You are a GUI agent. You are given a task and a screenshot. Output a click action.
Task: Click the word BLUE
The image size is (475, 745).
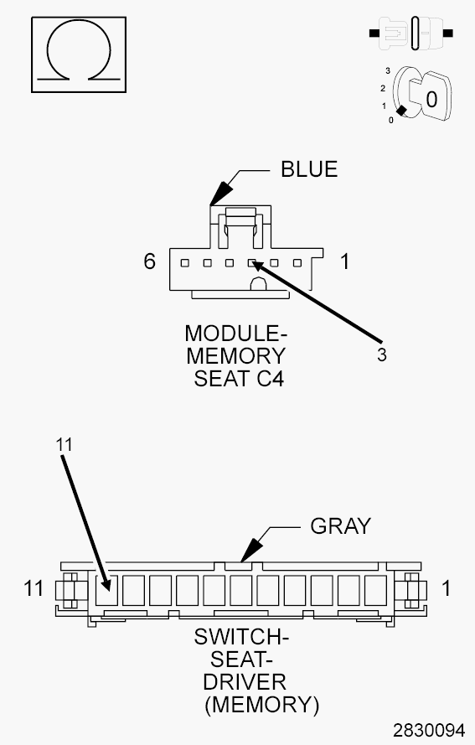click(x=309, y=169)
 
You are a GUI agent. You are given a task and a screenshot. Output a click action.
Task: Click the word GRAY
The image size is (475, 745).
click(x=340, y=526)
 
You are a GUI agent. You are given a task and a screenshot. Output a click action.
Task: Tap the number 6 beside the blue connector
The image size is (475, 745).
click(x=149, y=261)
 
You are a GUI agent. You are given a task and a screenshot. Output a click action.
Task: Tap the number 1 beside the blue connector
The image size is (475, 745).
click(x=344, y=261)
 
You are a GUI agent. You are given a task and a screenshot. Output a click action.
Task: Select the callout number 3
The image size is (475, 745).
click(x=381, y=354)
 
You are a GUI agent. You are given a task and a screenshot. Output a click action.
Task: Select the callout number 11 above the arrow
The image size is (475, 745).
click(x=64, y=445)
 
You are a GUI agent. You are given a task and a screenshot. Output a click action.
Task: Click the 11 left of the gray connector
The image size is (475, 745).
click(x=34, y=588)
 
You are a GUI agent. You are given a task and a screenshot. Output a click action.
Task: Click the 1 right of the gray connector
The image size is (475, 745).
click(x=446, y=588)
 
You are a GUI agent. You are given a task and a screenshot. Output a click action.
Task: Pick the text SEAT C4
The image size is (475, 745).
click(x=239, y=379)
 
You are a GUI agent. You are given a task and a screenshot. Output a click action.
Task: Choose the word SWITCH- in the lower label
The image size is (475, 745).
click(x=241, y=639)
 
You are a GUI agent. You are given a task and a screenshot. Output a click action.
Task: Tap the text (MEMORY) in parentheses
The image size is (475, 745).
click(x=261, y=704)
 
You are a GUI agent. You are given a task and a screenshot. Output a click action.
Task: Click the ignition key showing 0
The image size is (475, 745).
click(x=424, y=97)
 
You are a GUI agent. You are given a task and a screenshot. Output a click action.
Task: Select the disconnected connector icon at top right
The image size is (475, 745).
click(x=412, y=34)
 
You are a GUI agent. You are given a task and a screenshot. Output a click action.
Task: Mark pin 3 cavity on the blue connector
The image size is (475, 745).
click(x=251, y=262)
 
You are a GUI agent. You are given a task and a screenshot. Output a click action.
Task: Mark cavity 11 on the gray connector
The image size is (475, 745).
click(x=107, y=590)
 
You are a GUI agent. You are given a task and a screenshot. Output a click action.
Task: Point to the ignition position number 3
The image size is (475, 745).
click(x=388, y=71)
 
